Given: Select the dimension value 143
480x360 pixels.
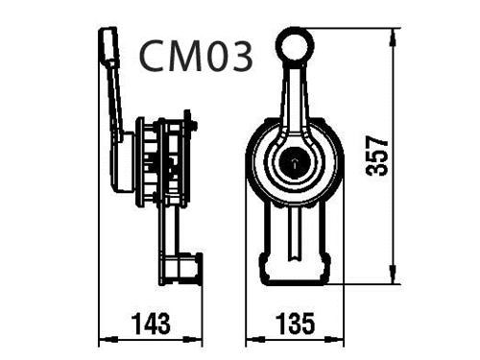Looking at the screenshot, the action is pos(151,324).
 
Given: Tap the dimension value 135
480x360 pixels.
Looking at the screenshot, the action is pos(296,324).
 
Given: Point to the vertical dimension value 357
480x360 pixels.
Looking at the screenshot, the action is pos(376,156).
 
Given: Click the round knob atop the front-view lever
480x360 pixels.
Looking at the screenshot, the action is pos(296,45).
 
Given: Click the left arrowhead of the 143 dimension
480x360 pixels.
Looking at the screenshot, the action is pos(108,339).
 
